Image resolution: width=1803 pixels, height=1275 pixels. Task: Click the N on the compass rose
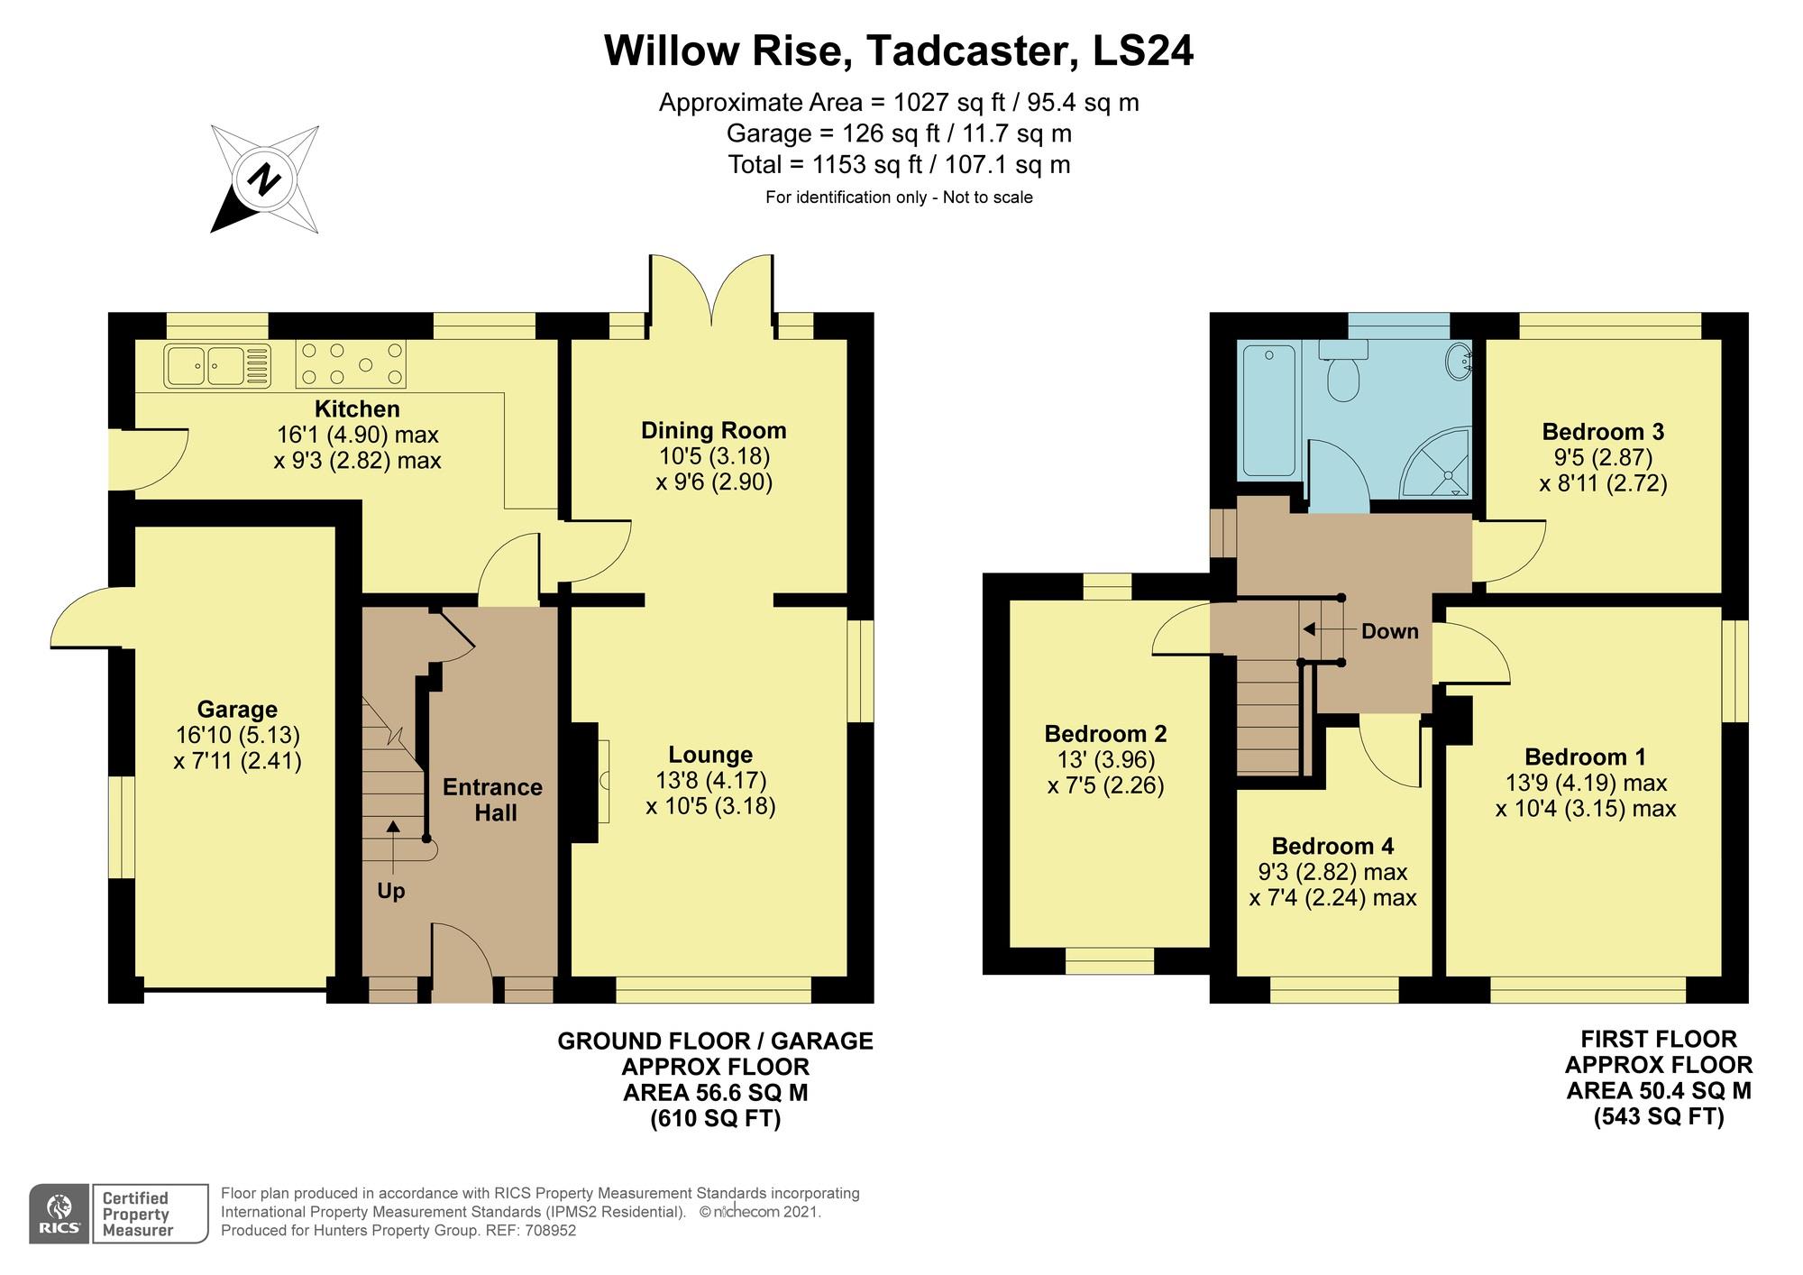[264, 179]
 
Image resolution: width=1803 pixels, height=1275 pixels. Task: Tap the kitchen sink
[217, 366]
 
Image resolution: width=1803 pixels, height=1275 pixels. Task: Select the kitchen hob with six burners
[351, 363]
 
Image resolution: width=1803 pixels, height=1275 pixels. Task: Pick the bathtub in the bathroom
[1268, 410]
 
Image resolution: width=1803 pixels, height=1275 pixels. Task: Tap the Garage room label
[237, 709]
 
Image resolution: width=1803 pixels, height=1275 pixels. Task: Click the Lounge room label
[710, 754]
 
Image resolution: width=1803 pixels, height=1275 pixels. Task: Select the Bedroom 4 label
[1332, 846]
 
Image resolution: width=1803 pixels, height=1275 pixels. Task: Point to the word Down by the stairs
[1389, 631]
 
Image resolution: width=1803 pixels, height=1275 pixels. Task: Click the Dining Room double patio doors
[710, 289]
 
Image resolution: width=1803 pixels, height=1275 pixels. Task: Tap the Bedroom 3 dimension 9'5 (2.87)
[1603, 457]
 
